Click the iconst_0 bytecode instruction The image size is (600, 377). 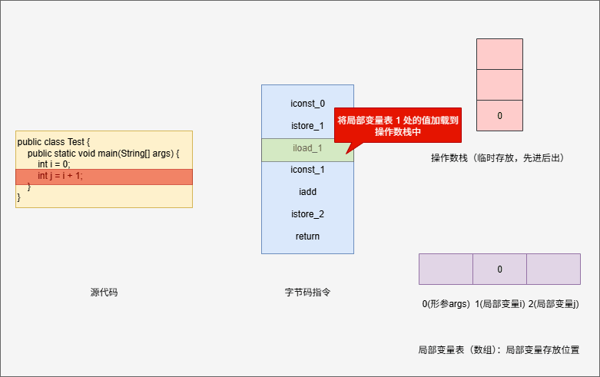(307, 103)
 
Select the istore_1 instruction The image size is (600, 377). (307, 125)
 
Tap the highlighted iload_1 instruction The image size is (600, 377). (307, 148)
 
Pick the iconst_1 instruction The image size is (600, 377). (307, 170)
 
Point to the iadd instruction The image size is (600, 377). (307, 192)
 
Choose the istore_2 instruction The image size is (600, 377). (307, 214)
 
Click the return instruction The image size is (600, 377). (307, 236)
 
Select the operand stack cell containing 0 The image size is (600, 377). (499, 115)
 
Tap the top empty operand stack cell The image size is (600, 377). (499, 54)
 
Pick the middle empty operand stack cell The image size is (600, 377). (499, 84)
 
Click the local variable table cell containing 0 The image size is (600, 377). (499, 269)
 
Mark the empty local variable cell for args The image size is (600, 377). (446, 269)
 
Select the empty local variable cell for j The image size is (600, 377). (553, 269)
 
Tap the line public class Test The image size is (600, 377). (54, 142)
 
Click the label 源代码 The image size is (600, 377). (104, 293)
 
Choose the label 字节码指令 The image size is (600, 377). (307, 293)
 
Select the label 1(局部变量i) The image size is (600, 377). (499, 305)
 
